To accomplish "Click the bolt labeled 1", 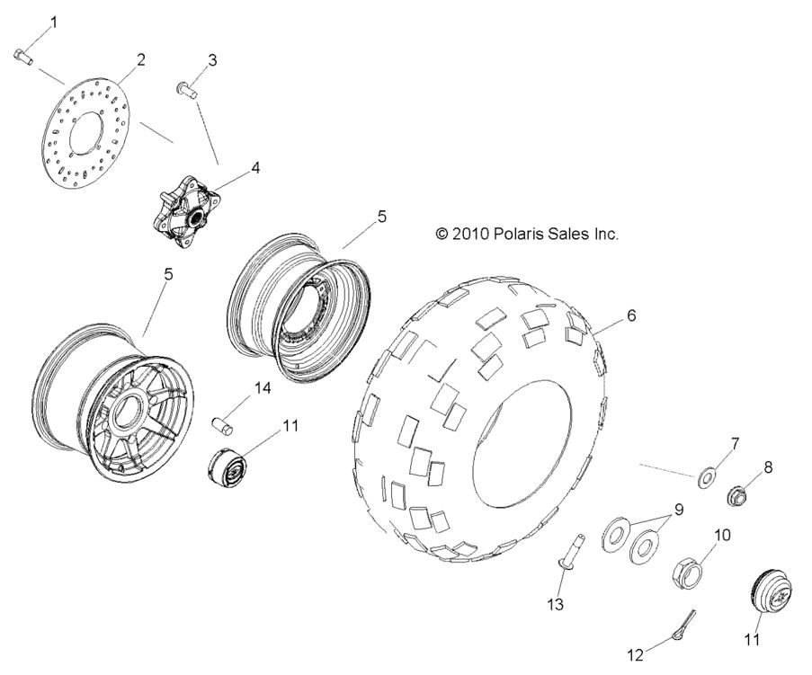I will tap(23, 58).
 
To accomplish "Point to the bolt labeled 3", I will tap(187, 89).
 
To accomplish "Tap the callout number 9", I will tap(679, 510).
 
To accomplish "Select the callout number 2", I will tap(140, 60).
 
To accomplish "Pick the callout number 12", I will tap(636, 656).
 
